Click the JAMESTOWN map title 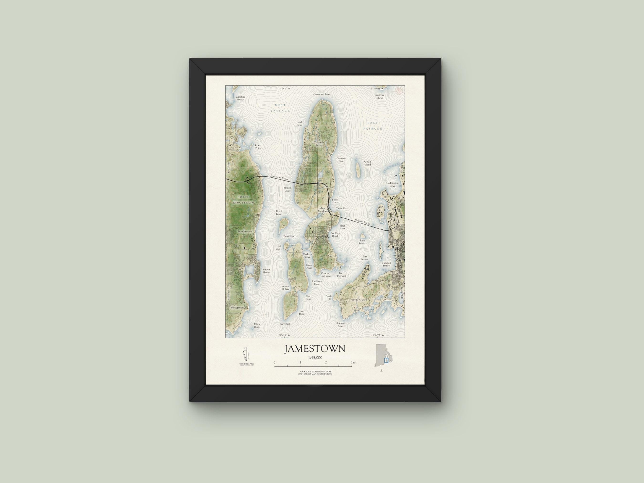pyautogui.click(x=315, y=349)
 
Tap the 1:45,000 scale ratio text pyautogui.click(x=315, y=358)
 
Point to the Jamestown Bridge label pyautogui.click(x=279, y=177)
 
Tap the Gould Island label pyautogui.click(x=368, y=163)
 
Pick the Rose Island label pyautogui.click(x=362, y=242)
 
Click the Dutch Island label pyautogui.click(x=279, y=213)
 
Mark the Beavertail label pyautogui.click(x=285, y=324)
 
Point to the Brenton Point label pyautogui.click(x=340, y=325)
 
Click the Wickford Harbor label pyautogui.click(x=240, y=98)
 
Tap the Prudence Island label pyautogui.click(x=379, y=96)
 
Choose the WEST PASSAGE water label pyautogui.click(x=280, y=108)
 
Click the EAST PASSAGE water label pyautogui.click(x=373, y=126)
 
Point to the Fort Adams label pyautogui.click(x=364, y=258)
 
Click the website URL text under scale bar pyautogui.click(x=315, y=372)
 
